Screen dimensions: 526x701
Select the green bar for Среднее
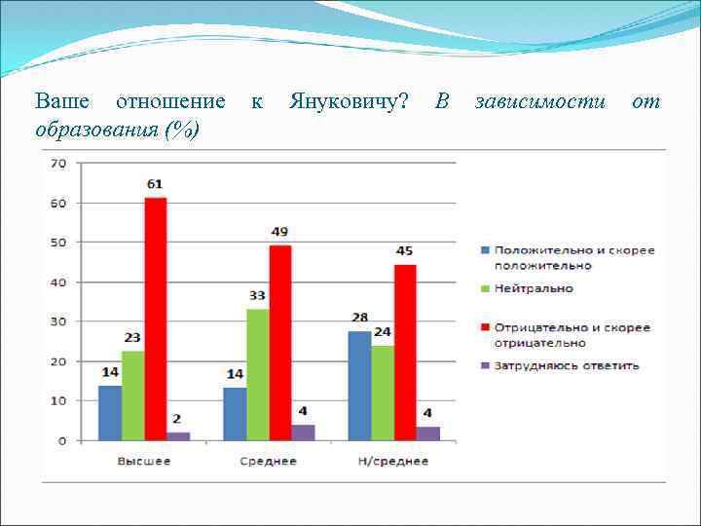(257, 374)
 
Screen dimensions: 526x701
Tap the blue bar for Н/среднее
(358, 386)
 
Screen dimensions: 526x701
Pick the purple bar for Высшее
(178, 435)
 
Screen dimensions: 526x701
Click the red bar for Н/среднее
(405, 352)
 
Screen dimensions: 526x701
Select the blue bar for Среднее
(235, 413)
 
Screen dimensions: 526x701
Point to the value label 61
(156, 183)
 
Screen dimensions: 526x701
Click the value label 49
(279, 231)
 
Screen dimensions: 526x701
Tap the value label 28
(358, 318)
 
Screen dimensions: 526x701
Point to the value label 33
(257, 295)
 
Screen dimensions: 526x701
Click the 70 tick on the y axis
(58, 164)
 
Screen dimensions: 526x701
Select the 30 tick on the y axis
(58, 321)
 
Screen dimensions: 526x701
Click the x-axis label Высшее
(144, 461)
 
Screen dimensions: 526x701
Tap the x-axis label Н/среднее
(393, 461)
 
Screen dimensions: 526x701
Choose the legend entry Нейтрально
(534, 288)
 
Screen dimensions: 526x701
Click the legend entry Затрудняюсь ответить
(567, 366)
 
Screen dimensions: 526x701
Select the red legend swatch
(484, 328)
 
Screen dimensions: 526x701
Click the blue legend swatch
(484, 250)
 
